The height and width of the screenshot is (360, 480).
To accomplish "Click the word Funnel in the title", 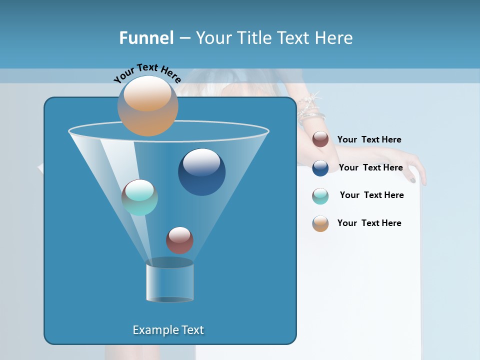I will click(x=146, y=38).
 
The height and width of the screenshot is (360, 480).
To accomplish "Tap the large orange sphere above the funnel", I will click(x=147, y=106).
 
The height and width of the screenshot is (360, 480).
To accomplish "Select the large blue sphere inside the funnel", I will click(x=201, y=172).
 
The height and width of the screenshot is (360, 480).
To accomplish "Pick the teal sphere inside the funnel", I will click(x=139, y=197).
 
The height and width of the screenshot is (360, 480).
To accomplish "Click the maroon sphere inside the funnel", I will click(x=179, y=240).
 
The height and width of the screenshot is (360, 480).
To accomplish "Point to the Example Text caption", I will click(x=168, y=330).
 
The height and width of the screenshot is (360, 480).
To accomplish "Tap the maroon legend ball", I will click(x=320, y=139).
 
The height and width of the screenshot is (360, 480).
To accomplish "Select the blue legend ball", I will click(x=320, y=168).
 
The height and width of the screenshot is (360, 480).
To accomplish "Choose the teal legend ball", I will click(x=320, y=196).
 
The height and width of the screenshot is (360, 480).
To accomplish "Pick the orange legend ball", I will click(x=320, y=223).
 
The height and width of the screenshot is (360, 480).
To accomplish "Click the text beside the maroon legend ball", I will click(x=369, y=139).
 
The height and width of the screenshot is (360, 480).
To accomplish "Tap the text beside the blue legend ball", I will click(x=370, y=167).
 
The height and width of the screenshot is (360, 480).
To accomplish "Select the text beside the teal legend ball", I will click(x=371, y=195).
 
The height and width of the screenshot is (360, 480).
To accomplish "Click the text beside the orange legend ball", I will click(x=369, y=223).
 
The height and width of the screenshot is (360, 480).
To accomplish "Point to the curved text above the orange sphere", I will click(x=147, y=72).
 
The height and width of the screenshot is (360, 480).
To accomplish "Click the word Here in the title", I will click(x=334, y=38).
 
